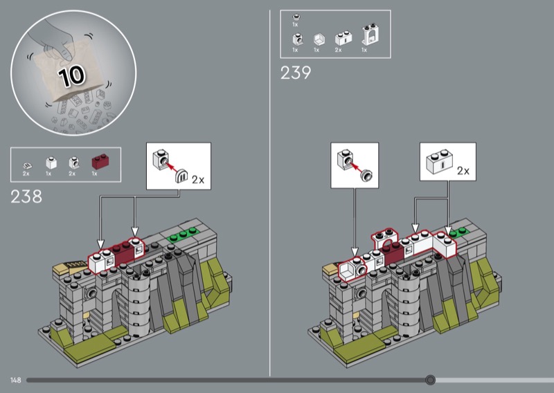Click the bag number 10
(x=72, y=75)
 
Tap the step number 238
(x=26, y=196)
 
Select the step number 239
(x=296, y=73)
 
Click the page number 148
(x=15, y=381)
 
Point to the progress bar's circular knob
(x=430, y=380)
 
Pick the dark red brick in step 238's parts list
(x=100, y=161)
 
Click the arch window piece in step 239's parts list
(x=370, y=35)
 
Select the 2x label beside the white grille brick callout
(x=463, y=171)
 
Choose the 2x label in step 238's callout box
(x=198, y=180)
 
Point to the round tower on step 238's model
(x=139, y=304)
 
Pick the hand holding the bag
(x=57, y=40)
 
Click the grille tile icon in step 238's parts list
(x=26, y=165)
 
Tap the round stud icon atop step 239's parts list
(x=296, y=17)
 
